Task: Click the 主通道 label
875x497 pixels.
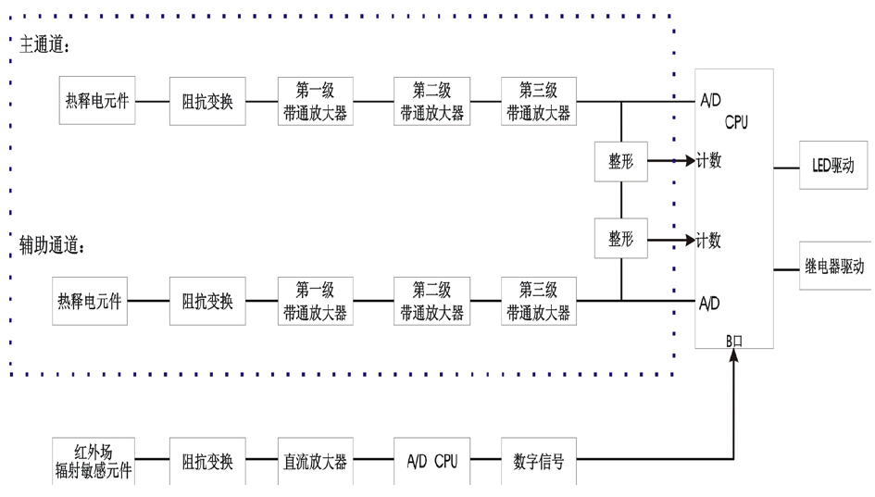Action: point(44,45)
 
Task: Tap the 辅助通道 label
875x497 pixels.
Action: point(52,246)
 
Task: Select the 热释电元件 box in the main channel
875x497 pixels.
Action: point(97,102)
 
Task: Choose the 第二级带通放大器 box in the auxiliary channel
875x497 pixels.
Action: point(431,301)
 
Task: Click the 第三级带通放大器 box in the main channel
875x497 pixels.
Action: point(538,102)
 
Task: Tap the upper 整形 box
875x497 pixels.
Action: point(621,160)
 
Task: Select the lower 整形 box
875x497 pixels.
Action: point(621,239)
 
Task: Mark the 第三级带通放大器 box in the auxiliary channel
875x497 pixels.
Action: point(538,301)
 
